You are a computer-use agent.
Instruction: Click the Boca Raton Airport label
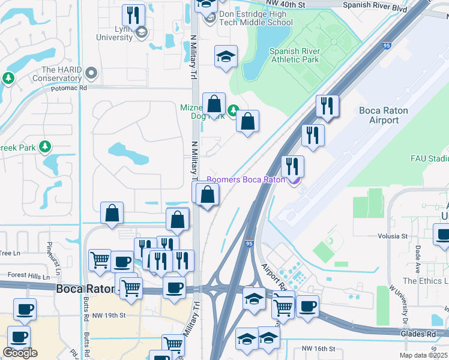[x=383, y=115]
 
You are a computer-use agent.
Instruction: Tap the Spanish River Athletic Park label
[x=294, y=55]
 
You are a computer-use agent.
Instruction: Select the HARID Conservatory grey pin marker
[x=91, y=73]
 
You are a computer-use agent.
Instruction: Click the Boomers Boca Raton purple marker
[x=294, y=179]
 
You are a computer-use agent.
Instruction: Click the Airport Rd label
[x=271, y=277]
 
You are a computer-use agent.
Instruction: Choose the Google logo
[x=20, y=353]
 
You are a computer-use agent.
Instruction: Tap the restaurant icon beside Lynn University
[x=133, y=15]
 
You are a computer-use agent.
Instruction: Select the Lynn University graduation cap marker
[x=141, y=31]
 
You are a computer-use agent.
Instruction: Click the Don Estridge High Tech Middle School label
[x=256, y=17]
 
